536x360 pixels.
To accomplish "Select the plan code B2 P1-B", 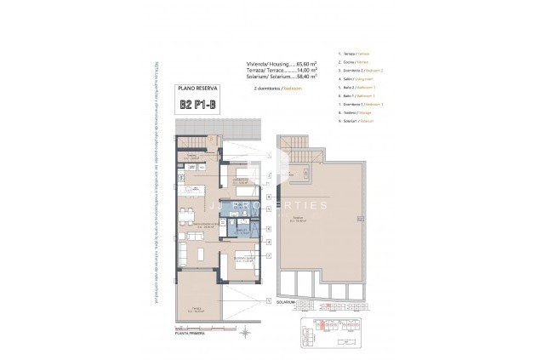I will point(196,105).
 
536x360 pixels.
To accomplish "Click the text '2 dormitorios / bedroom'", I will point(279,88).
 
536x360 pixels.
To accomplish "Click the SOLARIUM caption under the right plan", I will point(287,300).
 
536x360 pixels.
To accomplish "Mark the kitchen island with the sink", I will point(196,188).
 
